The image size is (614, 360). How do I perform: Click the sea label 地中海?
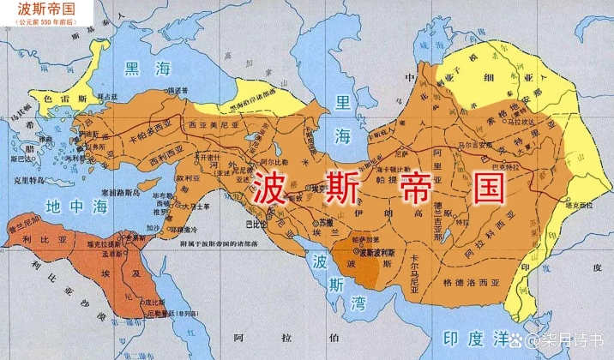pyautogui.click(x=66, y=206)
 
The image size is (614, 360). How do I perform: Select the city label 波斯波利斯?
pyautogui.click(x=378, y=255)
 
